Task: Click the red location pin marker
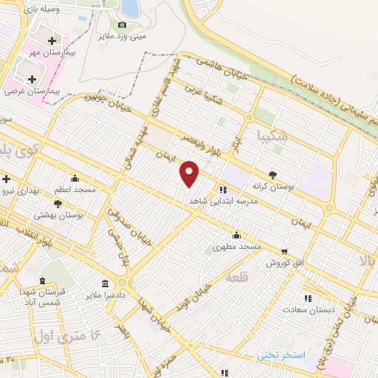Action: coord(190,174)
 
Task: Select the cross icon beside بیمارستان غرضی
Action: coord(31,79)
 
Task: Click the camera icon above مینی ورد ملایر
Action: coord(123,24)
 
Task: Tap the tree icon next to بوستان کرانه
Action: coord(273,175)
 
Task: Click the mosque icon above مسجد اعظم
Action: coord(75,178)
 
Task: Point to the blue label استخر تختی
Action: coord(281,356)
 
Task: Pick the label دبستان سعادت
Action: coord(308,310)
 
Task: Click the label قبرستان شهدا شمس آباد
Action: coord(43,298)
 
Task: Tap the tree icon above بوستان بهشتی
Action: coord(58,204)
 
